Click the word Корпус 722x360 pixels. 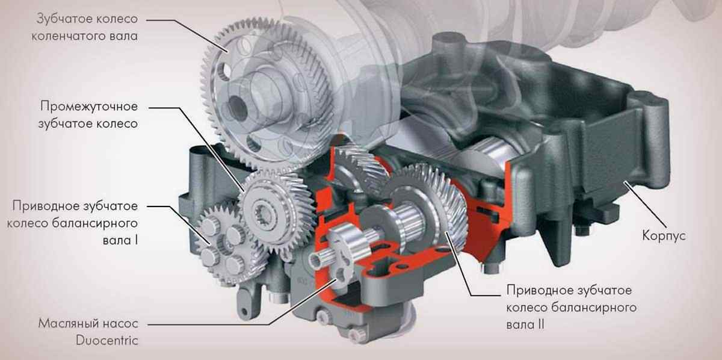664,236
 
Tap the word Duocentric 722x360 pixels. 106,340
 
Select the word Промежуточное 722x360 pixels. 89,107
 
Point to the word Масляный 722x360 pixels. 70,323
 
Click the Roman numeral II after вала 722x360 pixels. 540,324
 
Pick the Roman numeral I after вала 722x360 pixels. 136,240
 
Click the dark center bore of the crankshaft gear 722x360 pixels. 237,107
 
